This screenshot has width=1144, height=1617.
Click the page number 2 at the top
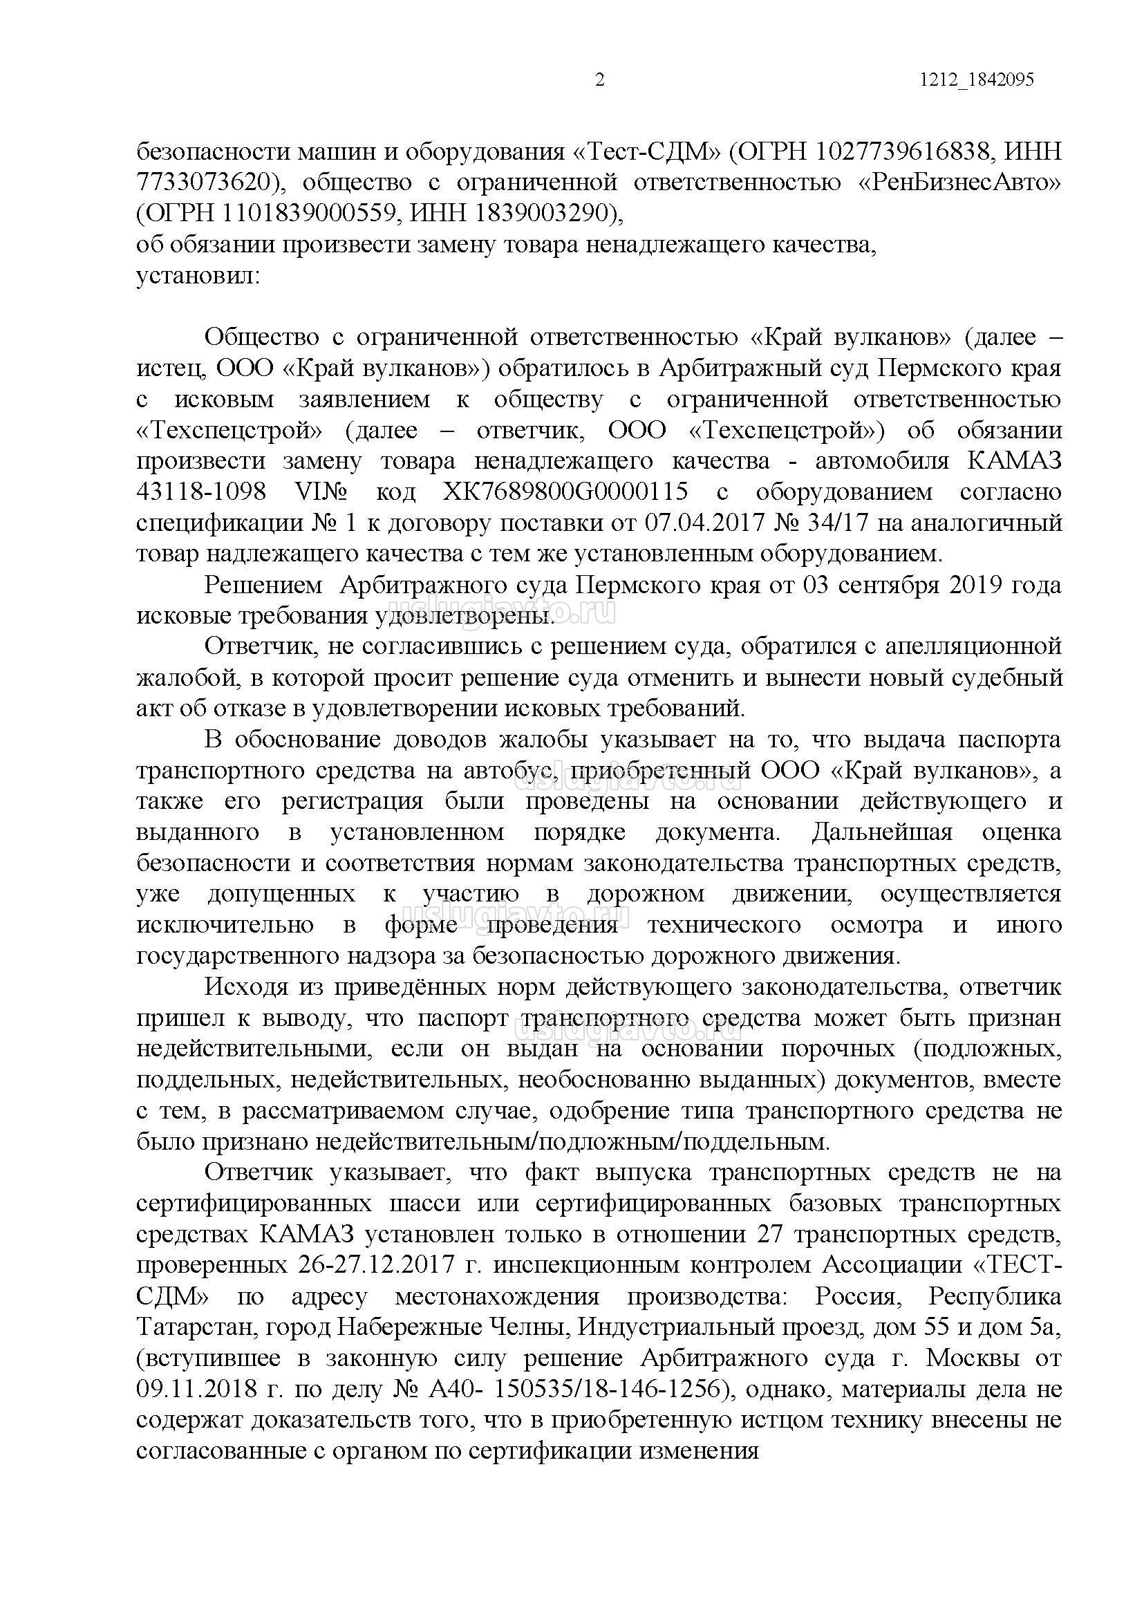tap(599, 80)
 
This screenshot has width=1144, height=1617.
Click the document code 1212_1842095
tap(976, 80)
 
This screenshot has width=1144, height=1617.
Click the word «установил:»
tap(198, 275)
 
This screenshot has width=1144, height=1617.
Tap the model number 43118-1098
tap(200, 492)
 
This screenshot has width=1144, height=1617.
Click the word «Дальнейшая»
tap(882, 833)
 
